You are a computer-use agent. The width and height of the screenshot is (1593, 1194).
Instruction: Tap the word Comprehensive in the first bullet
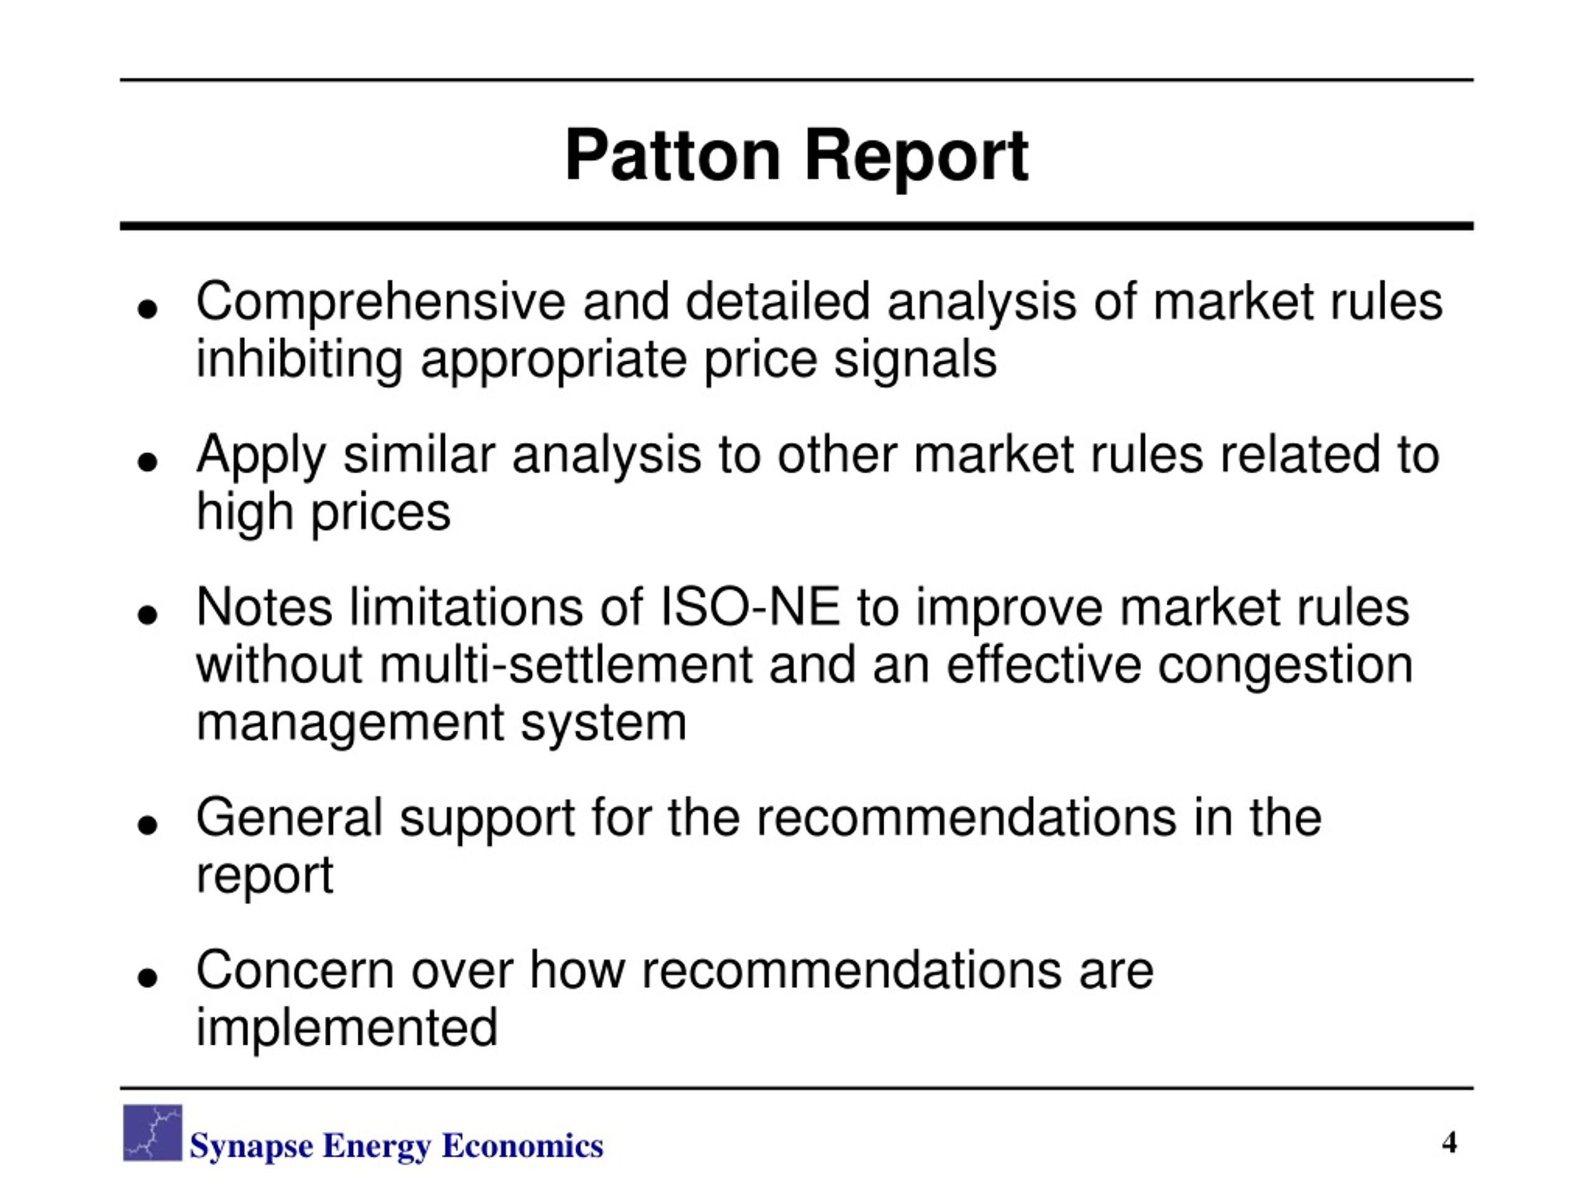click(x=380, y=303)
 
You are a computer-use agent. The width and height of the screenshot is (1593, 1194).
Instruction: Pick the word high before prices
click(x=245, y=512)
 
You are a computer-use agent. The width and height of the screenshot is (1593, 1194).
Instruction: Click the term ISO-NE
click(x=750, y=607)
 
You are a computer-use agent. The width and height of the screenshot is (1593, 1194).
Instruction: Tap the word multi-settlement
click(x=565, y=665)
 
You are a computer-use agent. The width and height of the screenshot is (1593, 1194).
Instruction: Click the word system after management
click(x=603, y=723)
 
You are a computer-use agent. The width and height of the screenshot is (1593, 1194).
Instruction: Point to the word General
click(x=289, y=818)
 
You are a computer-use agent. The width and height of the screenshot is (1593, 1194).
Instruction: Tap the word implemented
click(x=347, y=1028)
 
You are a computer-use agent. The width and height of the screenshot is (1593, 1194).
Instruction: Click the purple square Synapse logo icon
click(x=152, y=1133)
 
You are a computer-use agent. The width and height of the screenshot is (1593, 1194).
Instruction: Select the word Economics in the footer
click(x=522, y=1145)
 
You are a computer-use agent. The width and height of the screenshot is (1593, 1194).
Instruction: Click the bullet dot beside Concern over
click(x=147, y=978)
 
